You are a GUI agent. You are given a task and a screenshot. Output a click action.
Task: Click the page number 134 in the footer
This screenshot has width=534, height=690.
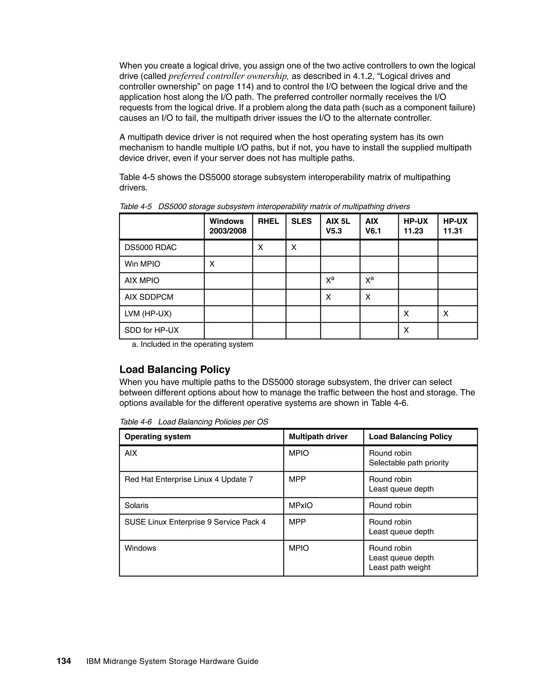(x=64, y=661)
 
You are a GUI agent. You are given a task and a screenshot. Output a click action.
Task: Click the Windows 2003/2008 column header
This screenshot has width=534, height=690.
(x=227, y=226)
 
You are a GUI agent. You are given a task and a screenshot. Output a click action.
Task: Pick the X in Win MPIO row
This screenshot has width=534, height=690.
(x=212, y=264)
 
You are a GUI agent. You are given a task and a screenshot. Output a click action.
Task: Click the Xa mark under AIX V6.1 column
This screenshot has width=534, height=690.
(x=369, y=280)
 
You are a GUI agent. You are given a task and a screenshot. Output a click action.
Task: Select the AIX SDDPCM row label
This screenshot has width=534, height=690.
(x=149, y=297)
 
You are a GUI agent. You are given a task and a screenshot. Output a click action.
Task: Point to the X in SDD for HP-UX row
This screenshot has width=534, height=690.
(x=406, y=330)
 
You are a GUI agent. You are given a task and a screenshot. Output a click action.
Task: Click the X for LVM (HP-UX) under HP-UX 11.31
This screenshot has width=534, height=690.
(x=445, y=314)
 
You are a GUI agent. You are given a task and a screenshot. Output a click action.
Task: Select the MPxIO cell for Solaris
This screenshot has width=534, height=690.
(x=301, y=505)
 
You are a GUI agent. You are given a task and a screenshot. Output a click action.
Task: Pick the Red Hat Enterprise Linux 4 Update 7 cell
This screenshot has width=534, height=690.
(x=189, y=479)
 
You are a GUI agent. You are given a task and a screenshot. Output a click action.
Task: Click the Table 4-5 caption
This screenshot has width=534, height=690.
(x=264, y=207)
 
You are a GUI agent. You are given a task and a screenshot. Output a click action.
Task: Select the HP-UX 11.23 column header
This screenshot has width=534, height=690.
(x=415, y=226)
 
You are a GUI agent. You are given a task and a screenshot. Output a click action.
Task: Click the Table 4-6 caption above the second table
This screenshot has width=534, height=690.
(x=194, y=422)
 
